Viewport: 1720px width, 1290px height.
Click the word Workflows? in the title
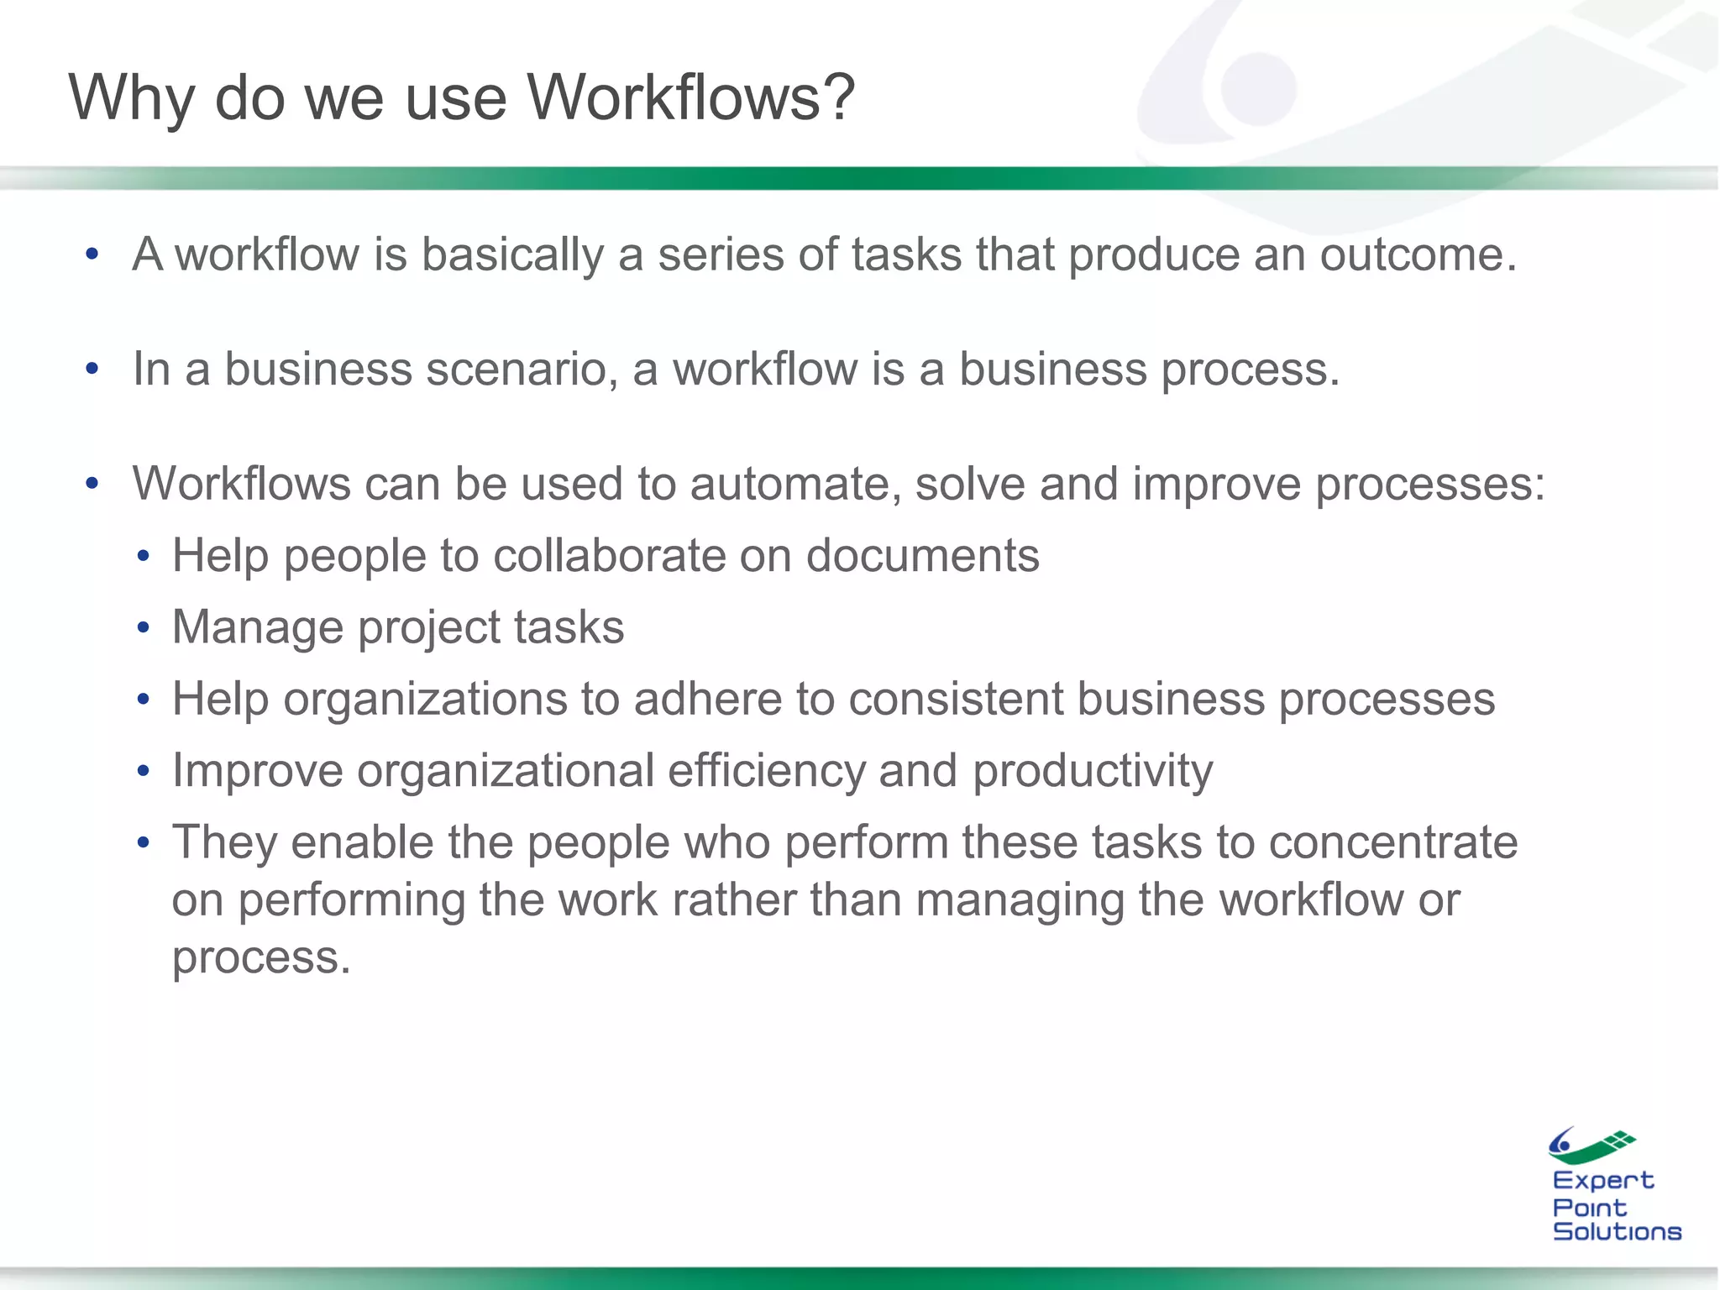(x=690, y=97)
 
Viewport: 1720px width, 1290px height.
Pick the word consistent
(x=956, y=699)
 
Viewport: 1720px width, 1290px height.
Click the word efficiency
(x=766, y=771)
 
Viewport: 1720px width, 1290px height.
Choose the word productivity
(x=1093, y=771)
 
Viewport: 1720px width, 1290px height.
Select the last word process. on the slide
(x=261, y=957)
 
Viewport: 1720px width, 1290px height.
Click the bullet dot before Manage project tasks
(x=144, y=628)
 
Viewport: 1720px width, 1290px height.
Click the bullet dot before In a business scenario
(x=92, y=370)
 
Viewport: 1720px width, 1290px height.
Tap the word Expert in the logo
(x=1602, y=1180)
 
